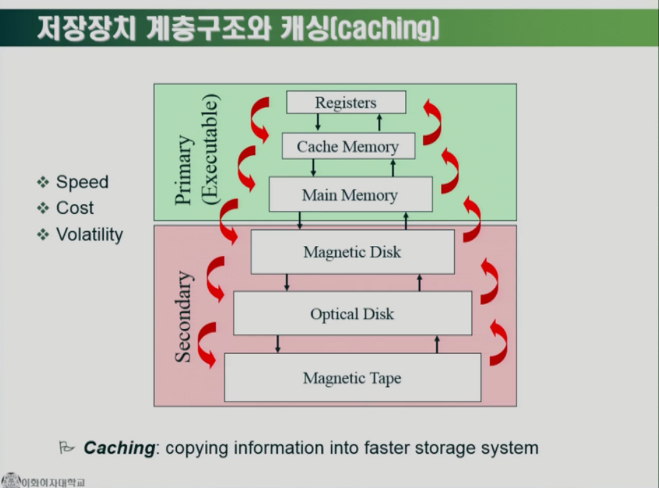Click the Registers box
point(346,102)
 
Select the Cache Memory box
point(348,146)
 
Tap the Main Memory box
point(350,194)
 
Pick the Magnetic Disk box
point(352,252)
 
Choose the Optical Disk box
point(352,313)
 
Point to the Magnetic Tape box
point(352,378)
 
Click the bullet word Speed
point(82,182)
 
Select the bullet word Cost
point(74,208)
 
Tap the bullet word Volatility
point(89,234)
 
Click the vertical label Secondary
point(183,316)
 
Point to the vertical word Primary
point(183,170)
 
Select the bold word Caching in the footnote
point(119,448)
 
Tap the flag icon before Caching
point(67,448)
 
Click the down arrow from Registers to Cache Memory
point(318,122)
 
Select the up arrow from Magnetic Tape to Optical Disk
point(437,344)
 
